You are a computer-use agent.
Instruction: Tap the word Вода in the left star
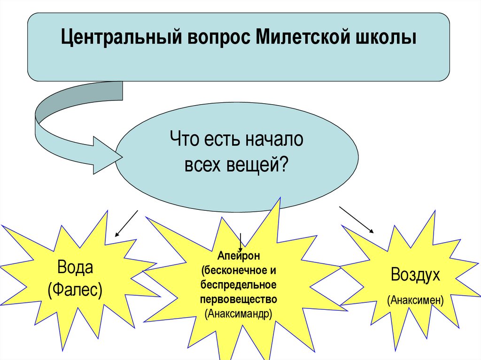pyautogui.click(x=76, y=268)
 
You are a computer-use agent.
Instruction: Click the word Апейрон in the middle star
pyautogui.click(x=239, y=257)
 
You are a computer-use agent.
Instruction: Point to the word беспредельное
pyautogui.click(x=239, y=285)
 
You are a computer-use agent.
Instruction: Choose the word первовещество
pyautogui.click(x=239, y=299)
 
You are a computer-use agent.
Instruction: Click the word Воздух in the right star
pyautogui.click(x=415, y=275)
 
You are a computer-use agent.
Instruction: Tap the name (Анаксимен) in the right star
pyautogui.click(x=415, y=299)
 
